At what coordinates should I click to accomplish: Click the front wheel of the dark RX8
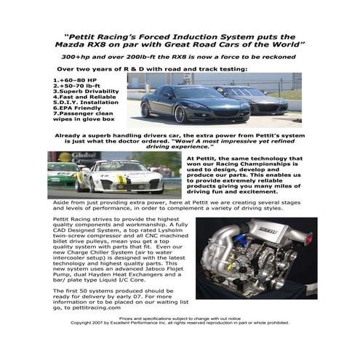[179, 113]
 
